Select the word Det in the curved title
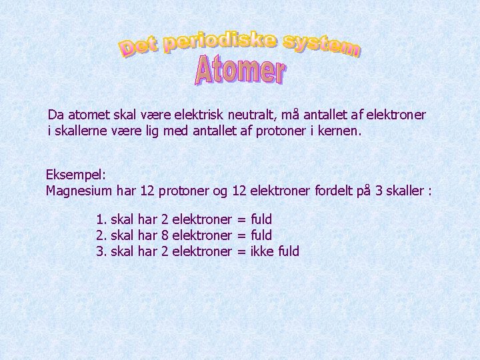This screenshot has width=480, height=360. pyautogui.click(x=139, y=47)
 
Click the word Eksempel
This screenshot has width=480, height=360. pyautogui.click(x=75, y=175)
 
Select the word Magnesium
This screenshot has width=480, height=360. pyautogui.click(x=79, y=191)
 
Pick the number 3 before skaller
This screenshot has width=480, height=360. pyautogui.click(x=379, y=191)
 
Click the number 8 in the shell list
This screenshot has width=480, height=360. pyautogui.click(x=165, y=235)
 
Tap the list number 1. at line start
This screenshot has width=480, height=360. pyautogui.click(x=101, y=219)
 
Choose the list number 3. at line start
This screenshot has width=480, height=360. pyautogui.click(x=101, y=251)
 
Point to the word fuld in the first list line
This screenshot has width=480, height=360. pyautogui.click(x=261, y=219)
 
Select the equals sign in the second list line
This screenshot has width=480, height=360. pyautogui.click(x=241, y=235)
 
